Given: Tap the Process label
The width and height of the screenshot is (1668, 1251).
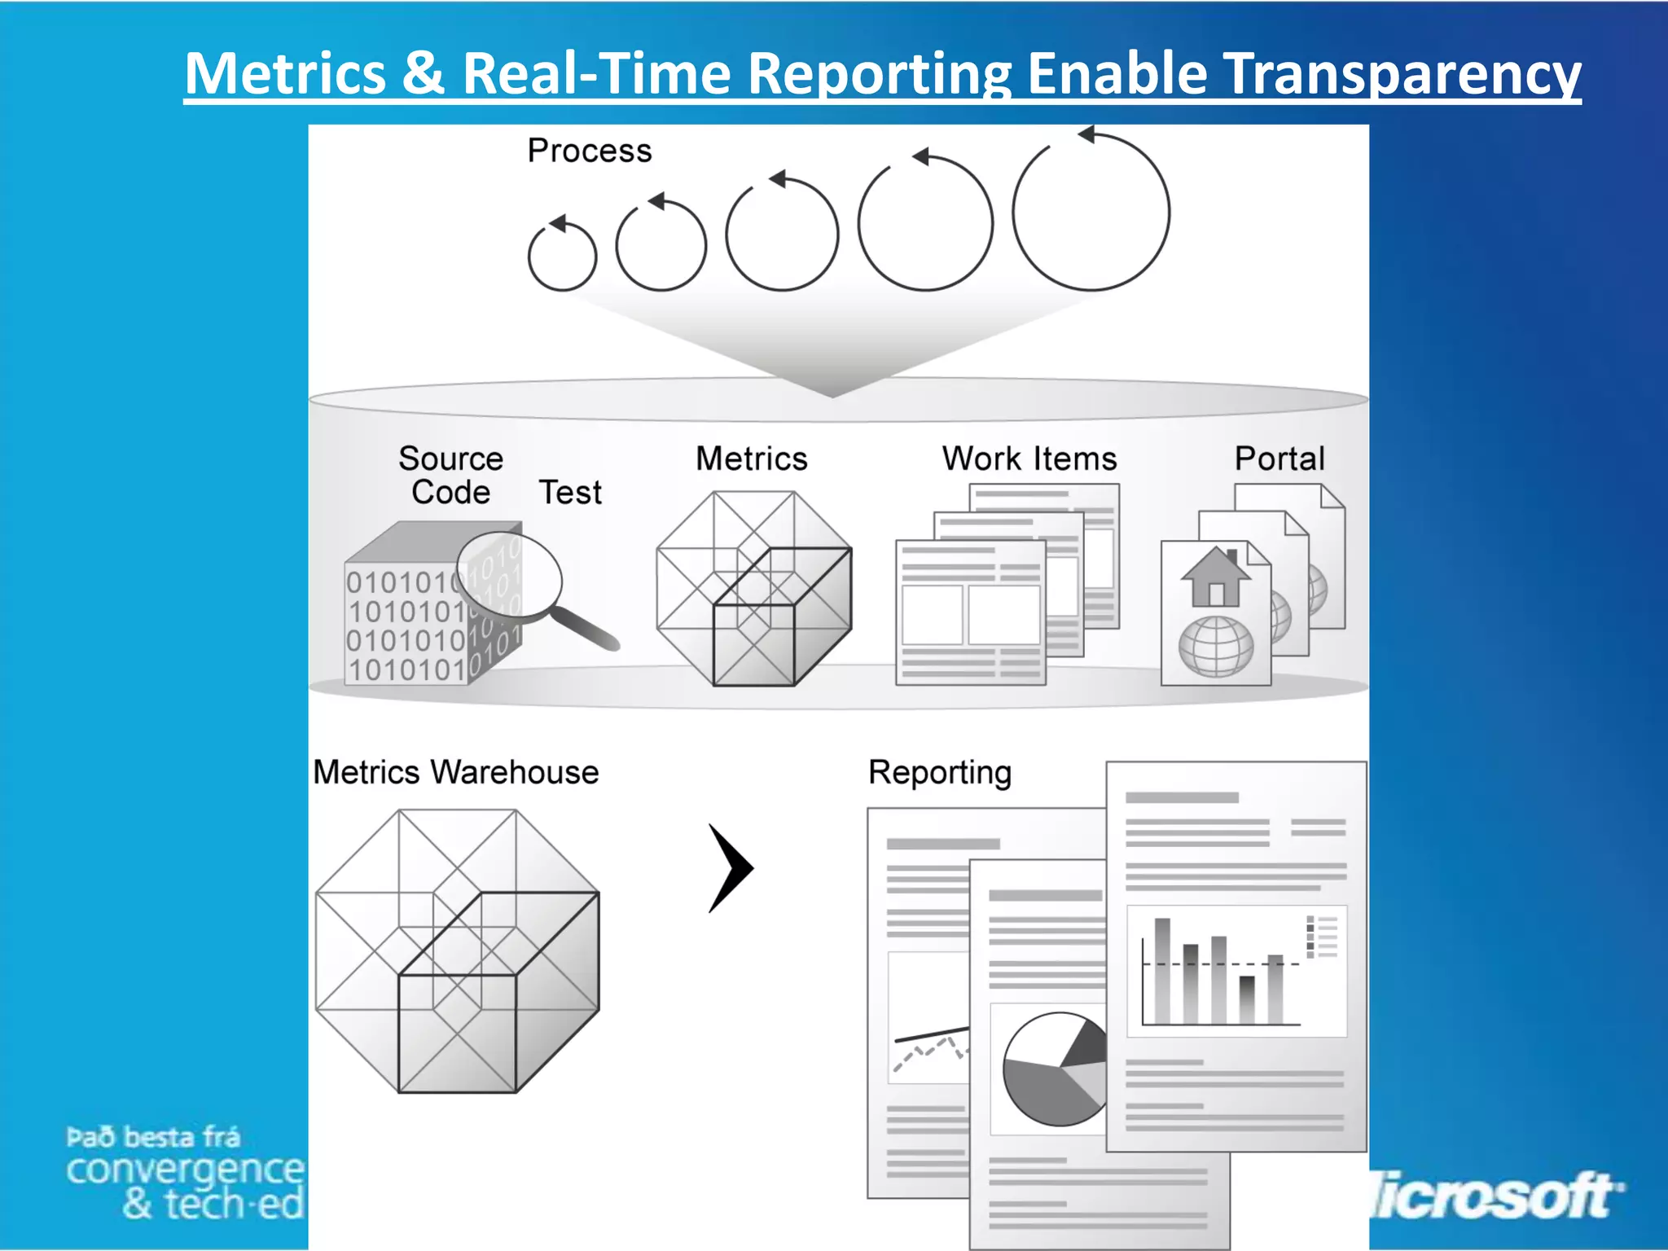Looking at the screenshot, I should click(x=590, y=151).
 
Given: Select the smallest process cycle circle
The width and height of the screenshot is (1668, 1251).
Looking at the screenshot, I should click(x=562, y=257).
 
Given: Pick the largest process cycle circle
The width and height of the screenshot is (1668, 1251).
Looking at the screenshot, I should click(x=1091, y=213).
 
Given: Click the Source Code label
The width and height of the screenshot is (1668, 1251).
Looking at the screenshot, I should click(x=450, y=475).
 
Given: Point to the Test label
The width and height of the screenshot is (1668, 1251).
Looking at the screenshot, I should click(x=570, y=493).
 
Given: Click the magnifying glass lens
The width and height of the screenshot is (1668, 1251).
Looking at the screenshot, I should click(x=510, y=575).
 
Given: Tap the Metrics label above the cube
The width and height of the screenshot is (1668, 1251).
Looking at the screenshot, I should click(x=751, y=459).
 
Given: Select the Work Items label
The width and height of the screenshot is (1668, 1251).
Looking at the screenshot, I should click(x=1029, y=459).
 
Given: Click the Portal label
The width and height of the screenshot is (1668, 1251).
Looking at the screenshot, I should click(x=1279, y=459).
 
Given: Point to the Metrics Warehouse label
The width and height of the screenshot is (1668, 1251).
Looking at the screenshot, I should click(x=455, y=772).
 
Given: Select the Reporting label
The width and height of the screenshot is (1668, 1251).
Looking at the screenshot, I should click(x=940, y=772).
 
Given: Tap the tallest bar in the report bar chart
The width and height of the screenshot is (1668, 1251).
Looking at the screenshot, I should click(x=1162, y=969).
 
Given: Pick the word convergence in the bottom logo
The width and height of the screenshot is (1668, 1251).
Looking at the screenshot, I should click(x=185, y=1170).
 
